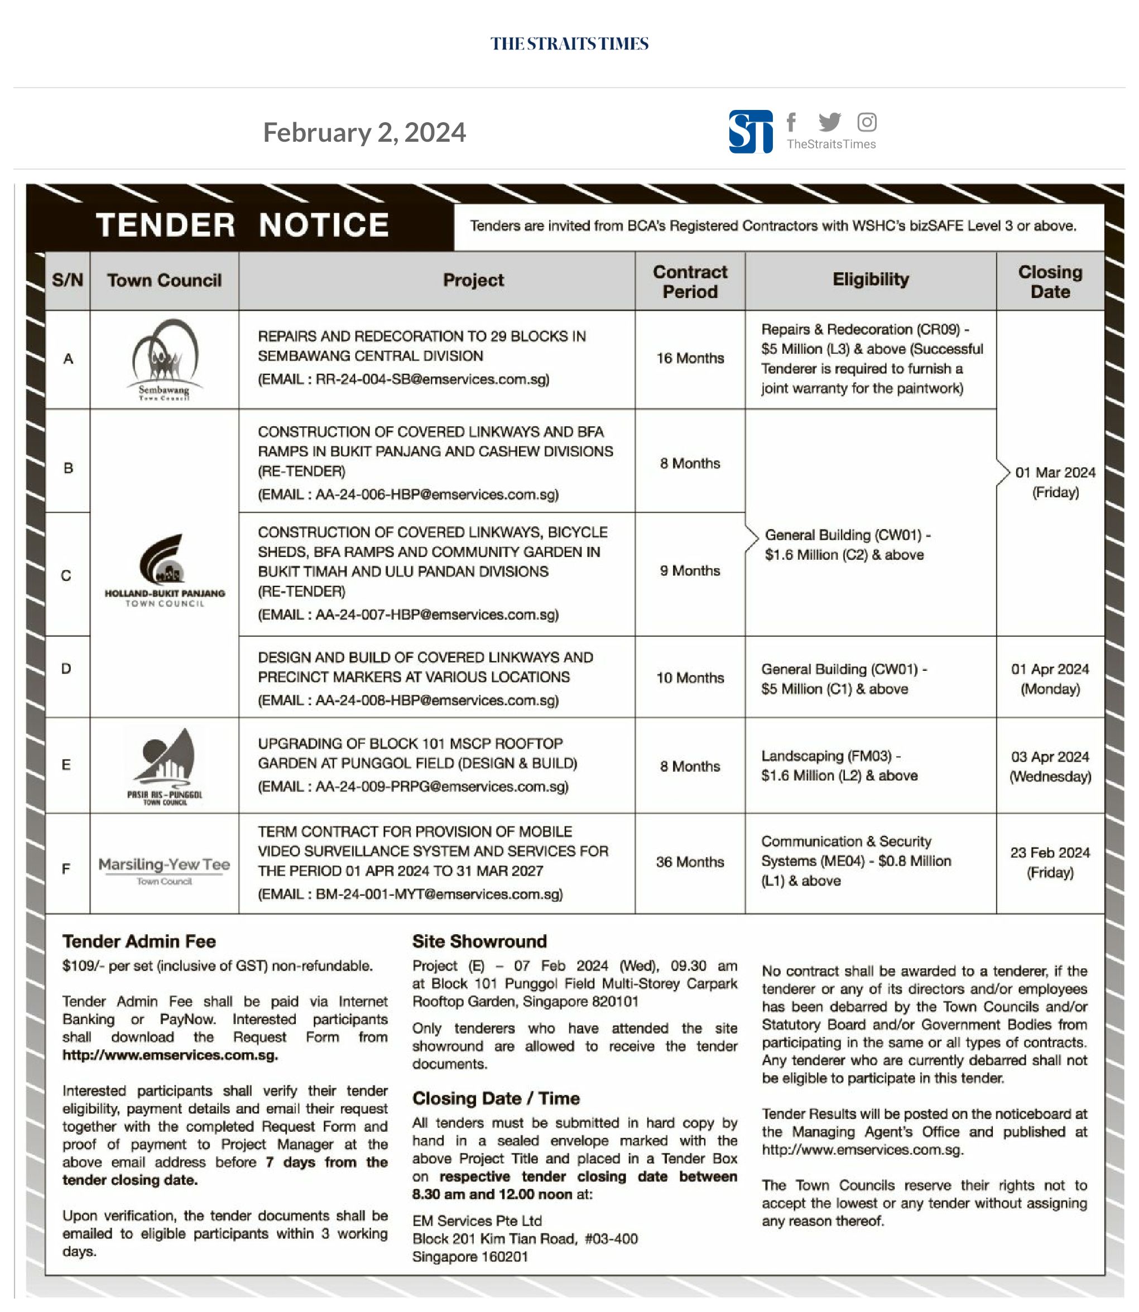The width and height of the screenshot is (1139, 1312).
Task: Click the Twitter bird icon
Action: coord(829,122)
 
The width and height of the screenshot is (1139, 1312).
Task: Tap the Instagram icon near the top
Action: coord(867,122)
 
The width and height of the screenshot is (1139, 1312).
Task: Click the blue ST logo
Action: coord(751,132)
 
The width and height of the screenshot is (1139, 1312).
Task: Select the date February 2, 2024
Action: coord(364,132)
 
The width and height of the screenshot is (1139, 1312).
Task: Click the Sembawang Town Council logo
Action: coord(165,360)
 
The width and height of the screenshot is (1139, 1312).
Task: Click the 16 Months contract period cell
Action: coord(690,358)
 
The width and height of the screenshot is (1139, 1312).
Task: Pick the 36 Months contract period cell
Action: coord(690,862)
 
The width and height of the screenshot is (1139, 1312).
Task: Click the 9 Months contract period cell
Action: coord(690,571)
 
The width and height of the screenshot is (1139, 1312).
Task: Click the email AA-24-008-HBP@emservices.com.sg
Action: coord(438,700)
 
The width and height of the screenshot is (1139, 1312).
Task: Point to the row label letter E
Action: coord(66,765)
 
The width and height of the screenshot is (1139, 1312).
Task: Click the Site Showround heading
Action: coord(479,941)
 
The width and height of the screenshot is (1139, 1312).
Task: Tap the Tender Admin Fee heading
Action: coord(139,941)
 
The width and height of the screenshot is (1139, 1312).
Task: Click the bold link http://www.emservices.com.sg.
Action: coord(170,1055)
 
